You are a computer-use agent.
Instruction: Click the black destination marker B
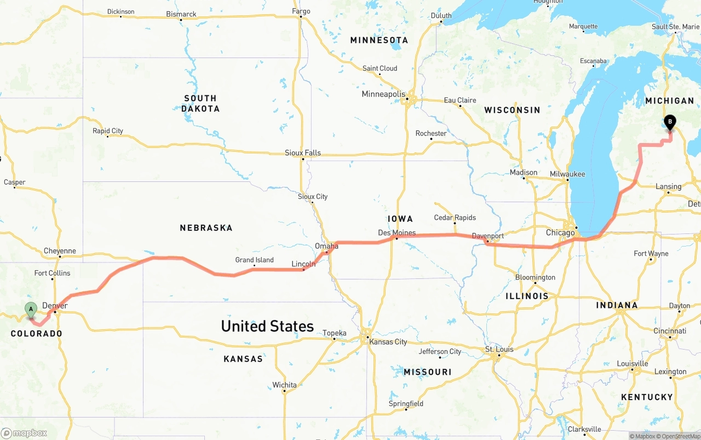(669, 122)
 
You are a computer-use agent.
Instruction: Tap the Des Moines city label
(397, 233)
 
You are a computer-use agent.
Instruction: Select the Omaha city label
(326, 246)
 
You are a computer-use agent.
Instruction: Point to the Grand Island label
(254, 260)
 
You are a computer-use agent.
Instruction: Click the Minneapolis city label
(383, 94)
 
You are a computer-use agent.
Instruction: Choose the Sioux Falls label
(303, 153)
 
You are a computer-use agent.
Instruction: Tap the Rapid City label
(108, 131)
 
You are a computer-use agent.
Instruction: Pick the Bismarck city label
(181, 14)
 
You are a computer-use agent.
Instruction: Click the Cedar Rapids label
(455, 218)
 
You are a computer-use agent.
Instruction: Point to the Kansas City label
(388, 342)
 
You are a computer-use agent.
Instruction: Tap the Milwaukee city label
(567, 174)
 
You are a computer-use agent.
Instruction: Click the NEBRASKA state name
(206, 227)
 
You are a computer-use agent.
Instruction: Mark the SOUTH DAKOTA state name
(200, 104)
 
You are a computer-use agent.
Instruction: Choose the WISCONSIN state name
(512, 110)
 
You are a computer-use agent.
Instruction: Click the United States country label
(267, 326)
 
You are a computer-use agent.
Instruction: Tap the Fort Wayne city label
(651, 254)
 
